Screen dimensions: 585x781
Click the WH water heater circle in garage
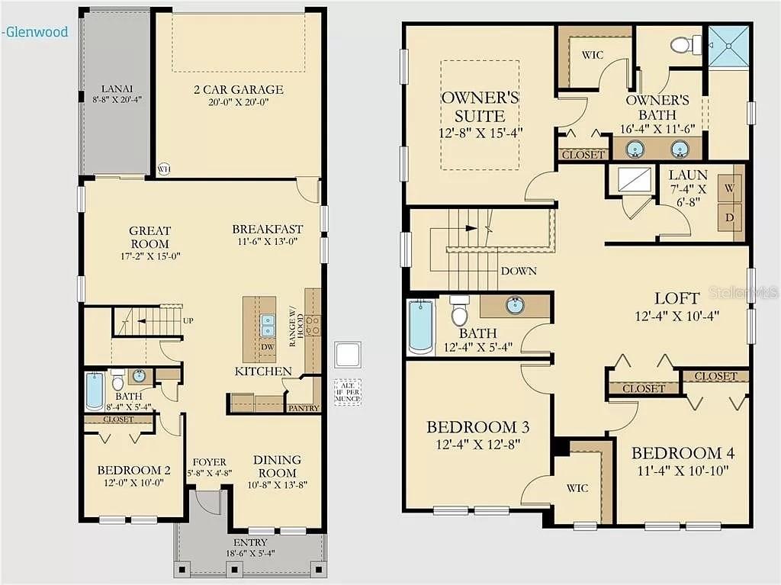(162, 169)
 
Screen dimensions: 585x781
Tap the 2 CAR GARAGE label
(238, 89)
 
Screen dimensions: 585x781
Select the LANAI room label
(117, 87)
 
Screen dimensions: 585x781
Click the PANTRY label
(304, 408)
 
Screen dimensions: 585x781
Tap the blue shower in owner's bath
(729, 47)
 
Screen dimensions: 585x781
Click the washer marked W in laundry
(729, 187)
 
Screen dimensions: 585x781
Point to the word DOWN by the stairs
(519, 271)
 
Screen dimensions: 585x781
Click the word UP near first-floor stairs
(187, 320)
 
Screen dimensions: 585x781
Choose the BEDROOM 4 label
(683, 453)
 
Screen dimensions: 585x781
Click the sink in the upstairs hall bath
(515, 306)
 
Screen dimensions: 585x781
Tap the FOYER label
(208, 461)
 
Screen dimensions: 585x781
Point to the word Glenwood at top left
(37, 32)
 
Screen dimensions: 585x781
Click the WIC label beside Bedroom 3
(577, 488)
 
